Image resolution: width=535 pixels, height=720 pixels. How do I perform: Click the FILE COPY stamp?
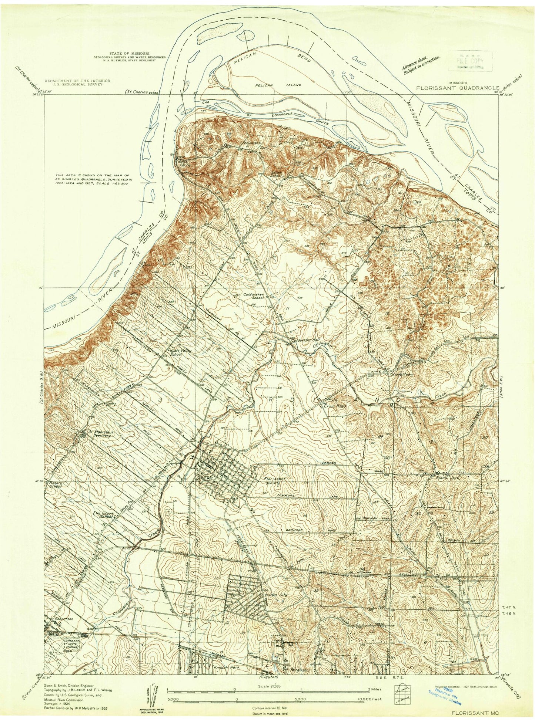click(x=471, y=60)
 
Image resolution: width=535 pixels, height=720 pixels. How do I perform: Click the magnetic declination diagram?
click(x=146, y=691)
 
